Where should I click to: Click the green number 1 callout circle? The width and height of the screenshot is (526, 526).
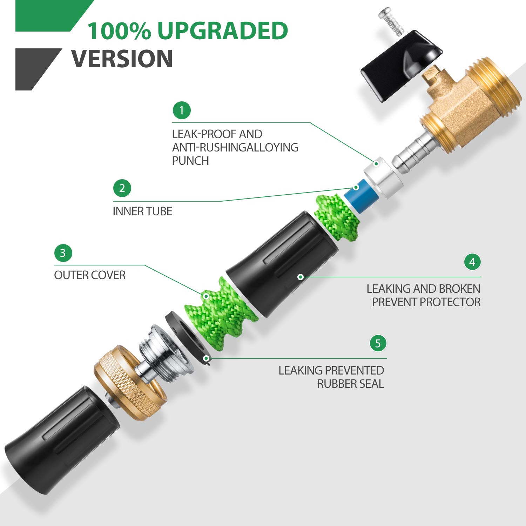(x=182, y=111)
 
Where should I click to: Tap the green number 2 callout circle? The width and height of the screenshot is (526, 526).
(x=122, y=188)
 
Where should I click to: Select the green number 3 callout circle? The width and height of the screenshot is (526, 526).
(x=63, y=253)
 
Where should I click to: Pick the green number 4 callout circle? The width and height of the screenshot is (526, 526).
(x=472, y=262)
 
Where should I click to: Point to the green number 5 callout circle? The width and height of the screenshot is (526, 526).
(x=378, y=343)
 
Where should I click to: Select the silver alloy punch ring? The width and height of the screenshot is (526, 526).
(x=383, y=177)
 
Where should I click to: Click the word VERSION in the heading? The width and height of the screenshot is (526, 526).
(x=122, y=59)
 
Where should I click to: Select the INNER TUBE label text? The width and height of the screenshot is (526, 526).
(x=142, y=211)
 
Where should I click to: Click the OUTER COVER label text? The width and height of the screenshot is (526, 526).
(x=90, y=275)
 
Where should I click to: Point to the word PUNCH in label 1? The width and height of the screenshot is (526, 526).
(x=190, y=161)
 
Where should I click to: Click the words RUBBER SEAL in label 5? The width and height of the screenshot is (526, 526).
(x=351, y=384)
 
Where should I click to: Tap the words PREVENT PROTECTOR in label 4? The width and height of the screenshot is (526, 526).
(x=426, y=302)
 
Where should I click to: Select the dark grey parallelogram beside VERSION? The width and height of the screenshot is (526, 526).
(x=39, y=69)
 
